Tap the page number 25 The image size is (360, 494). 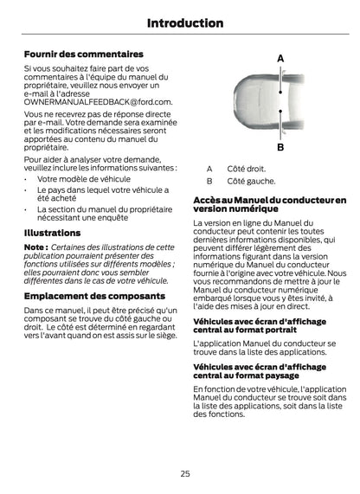[x=185, y=473]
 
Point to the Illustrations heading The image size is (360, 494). [x=52, y=233]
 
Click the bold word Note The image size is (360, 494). [x=35, y=247]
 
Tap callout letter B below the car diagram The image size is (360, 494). [x=281, y=148]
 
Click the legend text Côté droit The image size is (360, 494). [x=246, y=169]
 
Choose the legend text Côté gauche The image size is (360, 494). [x=251, y=182]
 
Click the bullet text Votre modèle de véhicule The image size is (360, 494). [x=84, y=179]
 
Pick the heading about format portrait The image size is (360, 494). [x=259, y=326]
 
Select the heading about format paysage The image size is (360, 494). [x=259, y=371]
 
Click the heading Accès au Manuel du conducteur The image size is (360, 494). [x=268, y=204]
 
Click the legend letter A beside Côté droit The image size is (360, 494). [x=209, y=169]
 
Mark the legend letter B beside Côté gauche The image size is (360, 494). [x=209, y=182]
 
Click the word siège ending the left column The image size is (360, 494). [x=165, y=335]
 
